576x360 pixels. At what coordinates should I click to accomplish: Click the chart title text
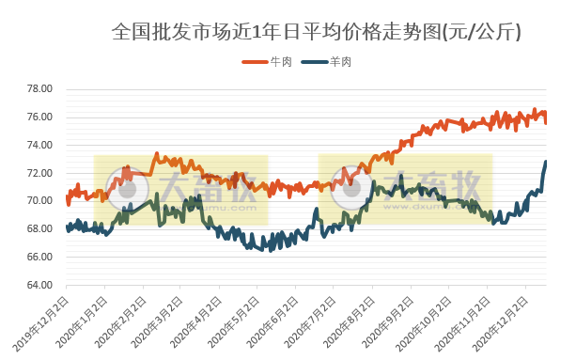pos(316,32)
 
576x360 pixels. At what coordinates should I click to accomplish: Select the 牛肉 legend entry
pos(281,62)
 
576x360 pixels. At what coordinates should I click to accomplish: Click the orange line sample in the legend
pos(255,62)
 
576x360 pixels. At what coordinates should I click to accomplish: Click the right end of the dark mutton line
pos(546,163)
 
